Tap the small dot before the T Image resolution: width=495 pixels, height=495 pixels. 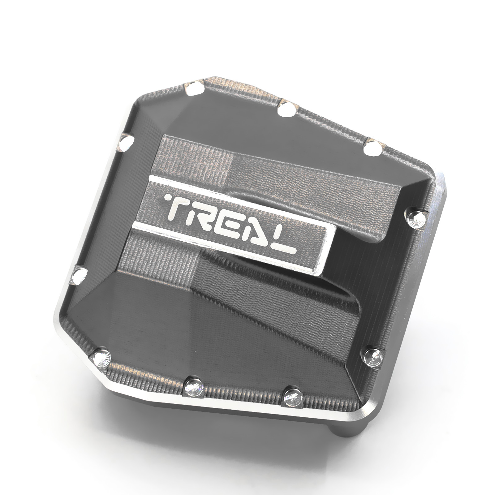[169, 197]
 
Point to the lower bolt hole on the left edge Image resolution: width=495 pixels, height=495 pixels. [79, 275]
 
